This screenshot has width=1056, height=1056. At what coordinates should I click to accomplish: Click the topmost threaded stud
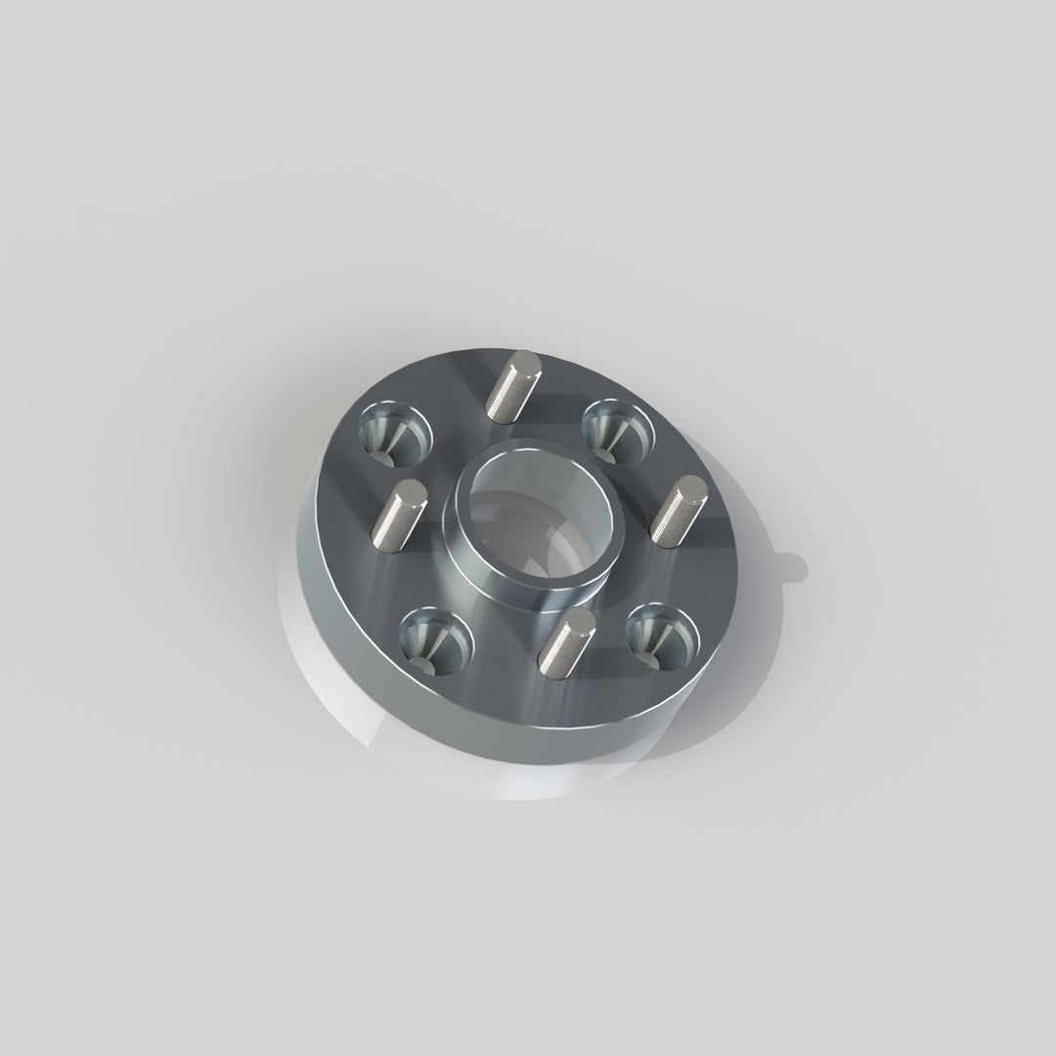[513, 387]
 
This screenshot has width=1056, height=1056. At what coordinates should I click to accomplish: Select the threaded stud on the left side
[397, 517]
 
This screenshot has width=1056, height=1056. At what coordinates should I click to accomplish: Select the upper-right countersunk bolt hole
[617, 430]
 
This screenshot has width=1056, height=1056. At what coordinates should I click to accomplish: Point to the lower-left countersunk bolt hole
[435, 640]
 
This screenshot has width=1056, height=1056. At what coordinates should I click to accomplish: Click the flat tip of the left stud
[411, 494]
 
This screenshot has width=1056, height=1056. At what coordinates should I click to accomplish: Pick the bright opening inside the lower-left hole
[421, 664]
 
